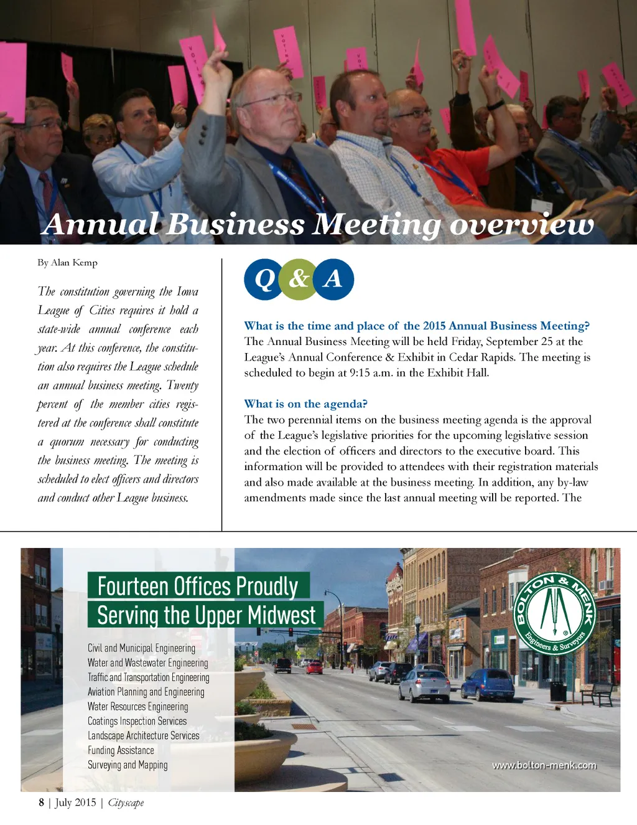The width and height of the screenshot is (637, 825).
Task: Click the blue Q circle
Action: [264, 280]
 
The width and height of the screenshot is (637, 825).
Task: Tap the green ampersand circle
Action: [299, 279]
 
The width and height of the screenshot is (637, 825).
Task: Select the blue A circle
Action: [333, 279]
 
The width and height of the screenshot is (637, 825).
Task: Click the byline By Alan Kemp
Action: [67, 263]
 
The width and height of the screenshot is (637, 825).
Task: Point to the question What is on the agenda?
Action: [305, 404]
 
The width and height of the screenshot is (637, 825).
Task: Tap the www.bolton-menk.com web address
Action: [544, 765]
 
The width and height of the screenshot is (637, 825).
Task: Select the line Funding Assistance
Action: [121, 750]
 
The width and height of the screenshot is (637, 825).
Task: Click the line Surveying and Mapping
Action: [128, 765]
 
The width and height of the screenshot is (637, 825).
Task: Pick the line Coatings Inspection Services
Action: [137, 721]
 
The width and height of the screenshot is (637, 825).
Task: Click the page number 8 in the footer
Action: [42, 802]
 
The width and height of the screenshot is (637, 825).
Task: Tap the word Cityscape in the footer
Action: [126, 803]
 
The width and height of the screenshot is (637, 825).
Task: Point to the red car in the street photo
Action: [315, 668]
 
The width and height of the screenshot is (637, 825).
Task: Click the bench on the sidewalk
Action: [596, 694]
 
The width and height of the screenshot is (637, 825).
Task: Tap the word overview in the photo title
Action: [521, 224]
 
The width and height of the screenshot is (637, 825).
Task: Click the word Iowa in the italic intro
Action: [187, 291]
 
